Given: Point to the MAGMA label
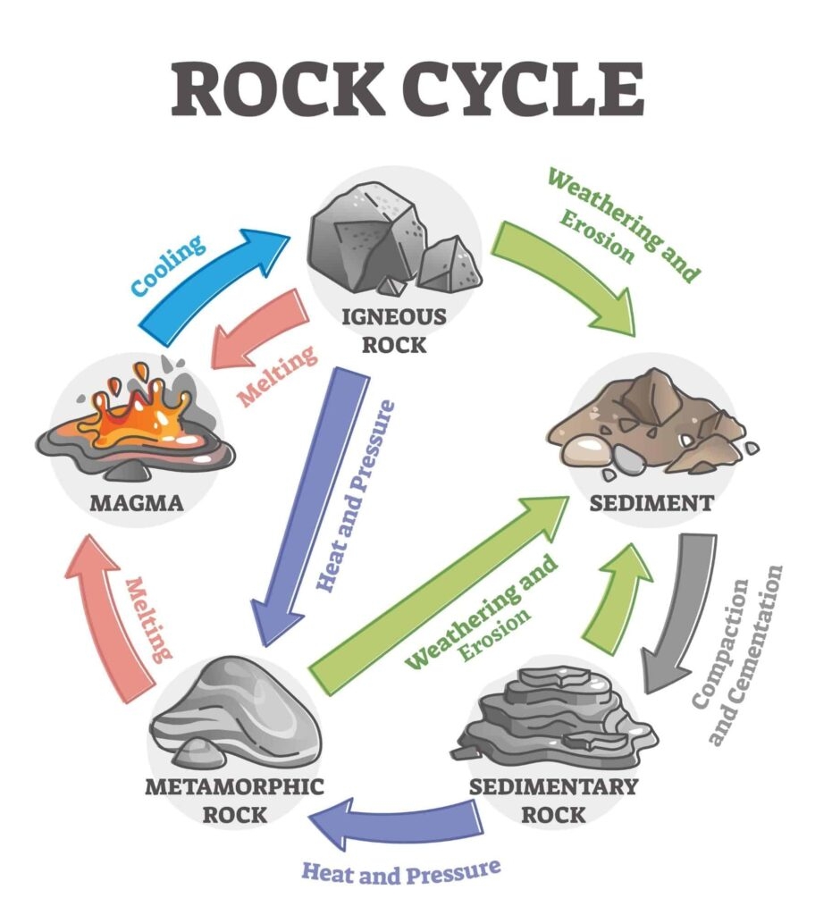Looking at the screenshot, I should (x=136, y=502).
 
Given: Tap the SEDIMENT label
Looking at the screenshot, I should (x=651, y=502).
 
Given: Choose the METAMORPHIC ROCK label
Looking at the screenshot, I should (x=234, y=801).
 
